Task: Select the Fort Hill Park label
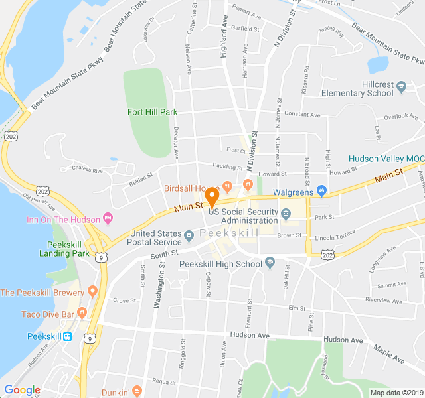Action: coord(152,112)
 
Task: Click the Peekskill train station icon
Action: coord(68,336)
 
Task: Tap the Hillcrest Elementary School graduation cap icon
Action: coord(400,86)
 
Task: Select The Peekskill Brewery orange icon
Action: coord(92,291)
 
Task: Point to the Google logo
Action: coord(22,390)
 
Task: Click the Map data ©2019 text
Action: coord(395,393)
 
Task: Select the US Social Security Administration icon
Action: coord(286,214)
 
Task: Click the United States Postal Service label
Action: coord(155,237)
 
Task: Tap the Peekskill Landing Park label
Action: coord(64,248)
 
